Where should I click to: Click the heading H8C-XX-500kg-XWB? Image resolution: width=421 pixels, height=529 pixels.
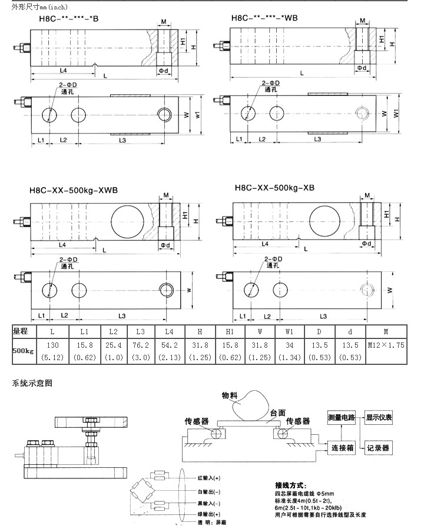pyautogui.click(x=74, y=191)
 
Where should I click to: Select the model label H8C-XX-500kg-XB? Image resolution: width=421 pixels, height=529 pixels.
pyautogui.click(x=274, y=189)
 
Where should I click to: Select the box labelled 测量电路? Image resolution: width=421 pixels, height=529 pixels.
pyautogui.click(x=342, y=417)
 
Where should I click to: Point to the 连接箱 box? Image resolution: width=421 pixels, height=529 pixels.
pyautogui.click(x=342, y=447)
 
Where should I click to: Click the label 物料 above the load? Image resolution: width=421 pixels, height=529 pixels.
pyautogui.click(x=230, y=395)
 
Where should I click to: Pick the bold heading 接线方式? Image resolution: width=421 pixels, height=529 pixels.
pyautogui.click(x=291, y=485)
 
